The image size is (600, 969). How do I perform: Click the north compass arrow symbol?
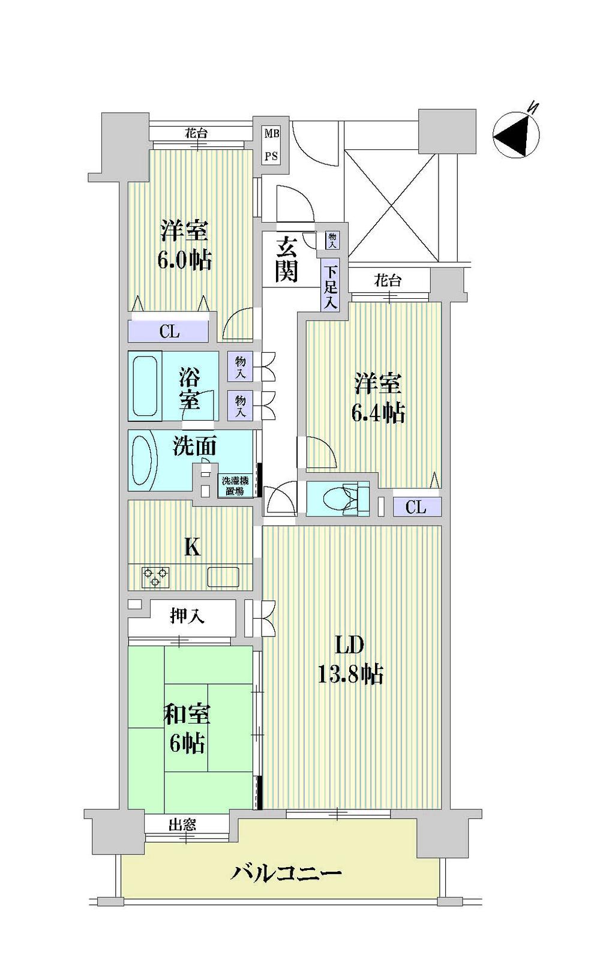click(516, 136)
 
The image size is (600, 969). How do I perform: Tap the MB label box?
click(271, 133)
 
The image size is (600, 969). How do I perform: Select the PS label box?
click(271, 156)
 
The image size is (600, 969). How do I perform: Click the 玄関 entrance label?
click(286, 259)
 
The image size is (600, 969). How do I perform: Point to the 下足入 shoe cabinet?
click(330, 287)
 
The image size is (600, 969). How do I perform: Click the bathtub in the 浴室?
click(145, 386)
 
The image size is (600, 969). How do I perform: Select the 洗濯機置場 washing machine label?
click(234, 485)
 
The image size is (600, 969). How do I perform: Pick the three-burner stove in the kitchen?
click(155, 577)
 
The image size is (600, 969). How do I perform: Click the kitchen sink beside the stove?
click(223, 577)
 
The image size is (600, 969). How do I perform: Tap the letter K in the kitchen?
click(191, 547)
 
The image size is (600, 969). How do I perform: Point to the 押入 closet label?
click(187, 616)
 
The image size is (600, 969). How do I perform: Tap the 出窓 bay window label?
click(182, 824)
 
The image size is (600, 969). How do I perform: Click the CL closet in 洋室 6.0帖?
click(169, 331)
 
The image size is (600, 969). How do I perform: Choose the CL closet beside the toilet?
click(415, 507)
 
